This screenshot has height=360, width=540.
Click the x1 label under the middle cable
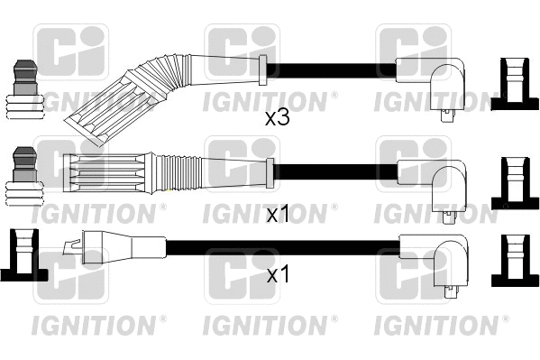tap(277, 215)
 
